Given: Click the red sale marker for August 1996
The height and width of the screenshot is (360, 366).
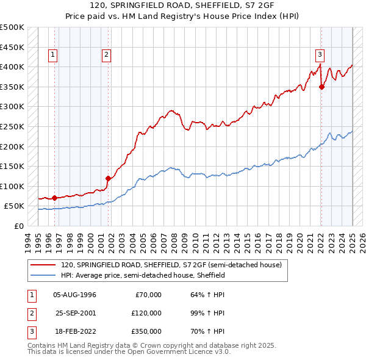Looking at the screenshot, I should coord(54,198).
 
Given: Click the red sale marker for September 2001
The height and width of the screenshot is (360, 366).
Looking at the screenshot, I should coord(108,178).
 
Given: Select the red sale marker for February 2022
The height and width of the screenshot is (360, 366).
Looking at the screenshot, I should coord(321,87).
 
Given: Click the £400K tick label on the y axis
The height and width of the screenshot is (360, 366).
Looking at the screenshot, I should coord(12,67).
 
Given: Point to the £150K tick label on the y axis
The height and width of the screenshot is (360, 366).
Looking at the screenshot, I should coord(12,166).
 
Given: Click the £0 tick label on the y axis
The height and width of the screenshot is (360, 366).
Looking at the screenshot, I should coord(18,226).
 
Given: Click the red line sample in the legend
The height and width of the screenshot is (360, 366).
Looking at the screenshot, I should coord(43,265).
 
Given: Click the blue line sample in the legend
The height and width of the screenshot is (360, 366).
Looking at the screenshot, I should coord(43,276).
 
